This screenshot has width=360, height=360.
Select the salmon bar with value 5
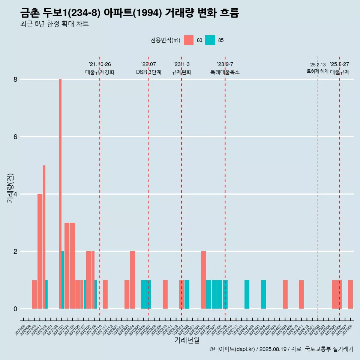tap(44, 236)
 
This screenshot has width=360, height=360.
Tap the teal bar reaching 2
tap(63, 280)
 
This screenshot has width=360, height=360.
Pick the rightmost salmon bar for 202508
tap(350, 294)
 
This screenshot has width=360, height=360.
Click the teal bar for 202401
tap(247, 294)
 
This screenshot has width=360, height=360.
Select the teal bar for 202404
tap(263, 294)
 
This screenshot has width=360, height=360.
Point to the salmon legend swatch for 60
tap(189, 40)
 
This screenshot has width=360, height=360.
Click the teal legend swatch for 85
tap(210, 40)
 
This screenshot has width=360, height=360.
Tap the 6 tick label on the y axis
tap(15, 137)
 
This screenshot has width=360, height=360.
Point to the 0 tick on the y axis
tap(15, 309)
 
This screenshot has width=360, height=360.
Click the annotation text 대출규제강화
tap(100, 72)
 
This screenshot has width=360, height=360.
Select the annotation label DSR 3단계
tap(148, 72)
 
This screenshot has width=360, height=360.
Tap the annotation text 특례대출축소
tap(225, 72)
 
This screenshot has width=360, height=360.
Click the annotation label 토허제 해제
tap(317, 71)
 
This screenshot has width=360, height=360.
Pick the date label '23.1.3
tap(181, 64)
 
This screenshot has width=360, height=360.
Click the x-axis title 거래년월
tap(187, 340)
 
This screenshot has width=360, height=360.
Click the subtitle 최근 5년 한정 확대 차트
tap(54, 24)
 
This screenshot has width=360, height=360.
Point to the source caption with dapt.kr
tap(281, 349)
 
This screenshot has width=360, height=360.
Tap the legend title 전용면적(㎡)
tap(165, 40)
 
